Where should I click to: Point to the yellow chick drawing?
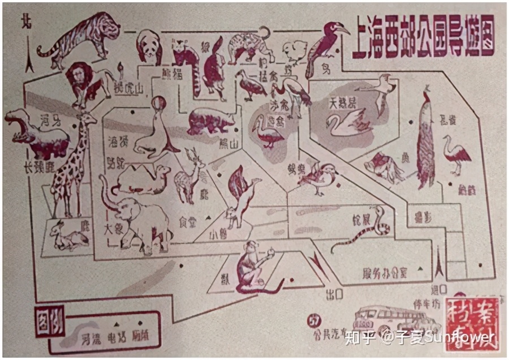point(294,51)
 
